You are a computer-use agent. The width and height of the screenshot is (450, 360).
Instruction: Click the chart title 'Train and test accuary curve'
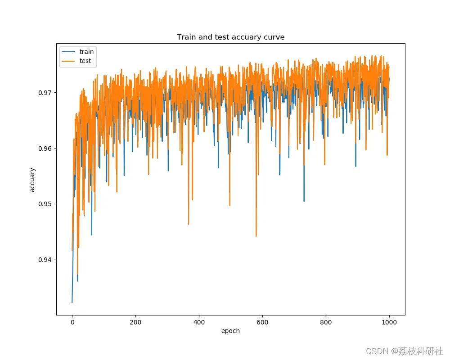[x=230, y=37]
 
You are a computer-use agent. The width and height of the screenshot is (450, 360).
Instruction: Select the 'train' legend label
[x=86, y=52]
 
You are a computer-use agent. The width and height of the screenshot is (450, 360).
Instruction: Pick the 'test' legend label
[x=85, y=61]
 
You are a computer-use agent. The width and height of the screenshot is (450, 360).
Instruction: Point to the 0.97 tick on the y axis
[x=46, y=93]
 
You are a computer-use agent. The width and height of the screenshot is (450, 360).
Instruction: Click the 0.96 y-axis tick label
[x=46, y=148]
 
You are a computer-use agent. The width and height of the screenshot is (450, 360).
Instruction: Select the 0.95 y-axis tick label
[x=46, y=204]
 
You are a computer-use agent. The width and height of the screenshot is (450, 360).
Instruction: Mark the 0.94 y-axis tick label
[x=46, y=260]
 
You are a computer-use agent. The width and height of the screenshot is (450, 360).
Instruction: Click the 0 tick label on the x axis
[x=72, y=322]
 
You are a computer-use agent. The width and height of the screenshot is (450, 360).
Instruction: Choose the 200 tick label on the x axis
[x=135, y=322]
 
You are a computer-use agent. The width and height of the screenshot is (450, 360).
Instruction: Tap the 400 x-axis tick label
[x=199, y=322]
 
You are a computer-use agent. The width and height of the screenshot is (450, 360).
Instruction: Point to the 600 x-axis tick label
[x=262, y=322]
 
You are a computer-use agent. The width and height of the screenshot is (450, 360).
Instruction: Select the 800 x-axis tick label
[x=326, y=322]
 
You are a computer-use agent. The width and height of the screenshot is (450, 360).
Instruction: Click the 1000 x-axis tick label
[x=389, y=322]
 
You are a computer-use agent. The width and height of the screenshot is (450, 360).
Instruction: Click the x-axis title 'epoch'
[x=230, y=331]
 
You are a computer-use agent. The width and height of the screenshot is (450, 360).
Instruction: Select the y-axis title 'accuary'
[x=32, y=180]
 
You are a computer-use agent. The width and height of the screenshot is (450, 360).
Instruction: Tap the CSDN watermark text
[x=404, y=351]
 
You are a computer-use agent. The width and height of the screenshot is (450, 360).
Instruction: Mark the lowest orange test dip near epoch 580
[x=256, y=236]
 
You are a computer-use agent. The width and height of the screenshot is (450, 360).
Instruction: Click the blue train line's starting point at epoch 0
[x=72, y=302]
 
